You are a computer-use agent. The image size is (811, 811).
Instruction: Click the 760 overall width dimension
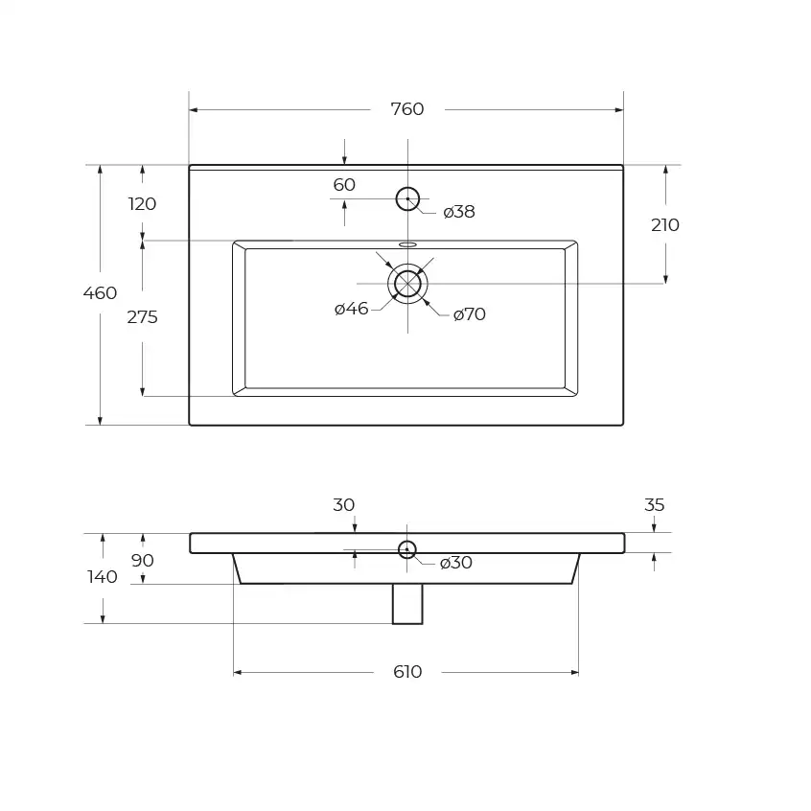pos(407,109)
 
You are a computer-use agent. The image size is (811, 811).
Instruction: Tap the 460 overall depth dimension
pos(100,293)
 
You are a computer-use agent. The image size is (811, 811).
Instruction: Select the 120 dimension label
pos(142,204)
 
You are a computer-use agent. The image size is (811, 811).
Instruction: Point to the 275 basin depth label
pos(142,317)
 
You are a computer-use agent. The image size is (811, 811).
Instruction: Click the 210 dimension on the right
pos(665,225)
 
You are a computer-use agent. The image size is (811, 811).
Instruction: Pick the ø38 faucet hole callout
pos(459,212)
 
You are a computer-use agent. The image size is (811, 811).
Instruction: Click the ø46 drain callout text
pos(351,309)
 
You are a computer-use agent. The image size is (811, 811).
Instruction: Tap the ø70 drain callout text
pos(469,314)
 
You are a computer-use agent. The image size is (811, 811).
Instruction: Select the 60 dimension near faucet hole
pos(344,185)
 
